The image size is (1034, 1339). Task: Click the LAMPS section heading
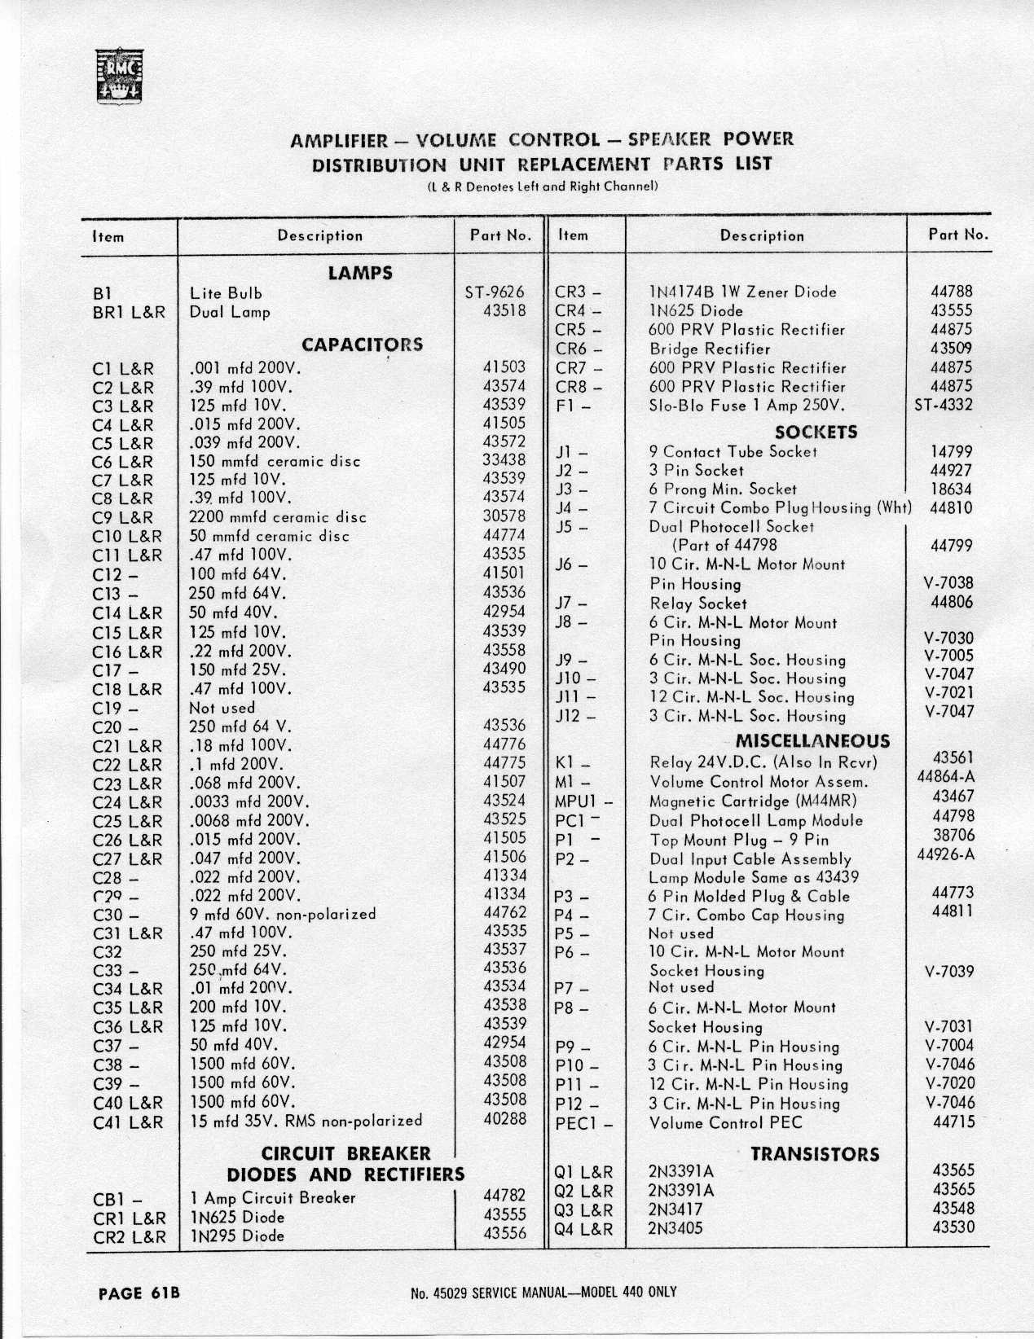pyautogui.click(x=360, y=273)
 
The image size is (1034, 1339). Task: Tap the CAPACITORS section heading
pyautogui.click(x=363, y=344)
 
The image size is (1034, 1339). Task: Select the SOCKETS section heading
pyautogui.click(x=816, y=432)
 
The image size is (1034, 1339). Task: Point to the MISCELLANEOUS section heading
pyautogui.click(x=812, y=741)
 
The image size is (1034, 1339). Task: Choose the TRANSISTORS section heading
pyautogui.click(x=815, y=1153)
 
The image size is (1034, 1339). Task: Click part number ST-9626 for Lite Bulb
pyautogui.click(x=495, y=292)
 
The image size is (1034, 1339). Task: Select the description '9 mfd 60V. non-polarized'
pyautogui.click(x=283, y=914)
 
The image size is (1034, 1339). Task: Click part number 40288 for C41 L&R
pyautogui.click(x=504, y=1120)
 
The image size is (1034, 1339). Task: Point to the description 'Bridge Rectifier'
pyautogui.click(x=709, y=349)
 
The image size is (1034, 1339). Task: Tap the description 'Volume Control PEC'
pyautogui.click(x=725, y=1123)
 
